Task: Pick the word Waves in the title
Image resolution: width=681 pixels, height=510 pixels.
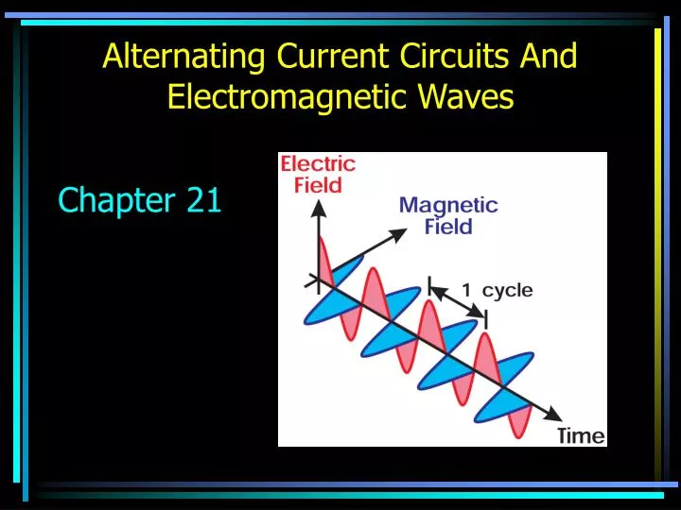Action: [465, 97]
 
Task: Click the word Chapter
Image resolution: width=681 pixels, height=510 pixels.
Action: [111, 200]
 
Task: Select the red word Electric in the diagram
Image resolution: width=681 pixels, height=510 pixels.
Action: [318, 163]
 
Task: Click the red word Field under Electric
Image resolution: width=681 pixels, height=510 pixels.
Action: [318, 185]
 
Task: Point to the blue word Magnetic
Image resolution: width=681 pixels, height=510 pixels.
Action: [448, 205]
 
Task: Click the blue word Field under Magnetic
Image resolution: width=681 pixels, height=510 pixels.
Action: [448, 227]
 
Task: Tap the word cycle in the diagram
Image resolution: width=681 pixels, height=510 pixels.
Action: [508, 291]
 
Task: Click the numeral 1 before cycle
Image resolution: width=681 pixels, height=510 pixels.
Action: [467, 291]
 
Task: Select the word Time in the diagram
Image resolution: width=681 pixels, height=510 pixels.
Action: [580, 435]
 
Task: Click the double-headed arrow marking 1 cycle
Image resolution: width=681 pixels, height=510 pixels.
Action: [458, 302]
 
